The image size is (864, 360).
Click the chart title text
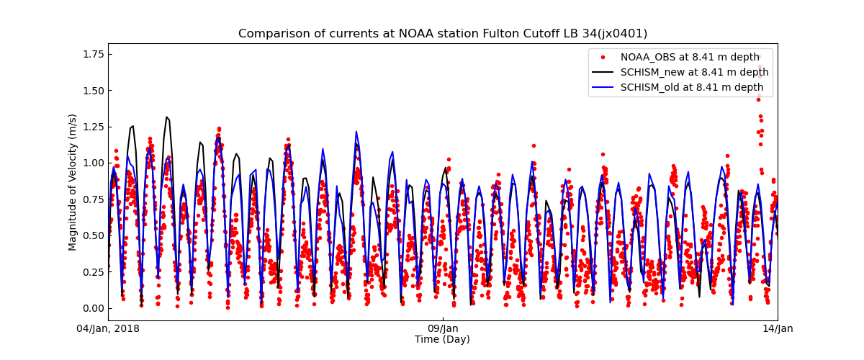(x=443, y=34)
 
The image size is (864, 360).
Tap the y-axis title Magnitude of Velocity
(x=73, y=181)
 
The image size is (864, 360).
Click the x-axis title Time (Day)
(x=442, y=340)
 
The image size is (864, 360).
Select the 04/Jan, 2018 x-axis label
(x=108, y=329)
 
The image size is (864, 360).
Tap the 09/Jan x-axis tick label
(x=443, y=329)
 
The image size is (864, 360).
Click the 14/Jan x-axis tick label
(x=778, y=329)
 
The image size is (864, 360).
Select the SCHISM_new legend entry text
(x=694, y=72)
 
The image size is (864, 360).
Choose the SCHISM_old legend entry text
(x=692, y=87)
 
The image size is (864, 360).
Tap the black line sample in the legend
(x=603, y=72)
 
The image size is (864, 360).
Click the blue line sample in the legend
(x=603, y=87)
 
